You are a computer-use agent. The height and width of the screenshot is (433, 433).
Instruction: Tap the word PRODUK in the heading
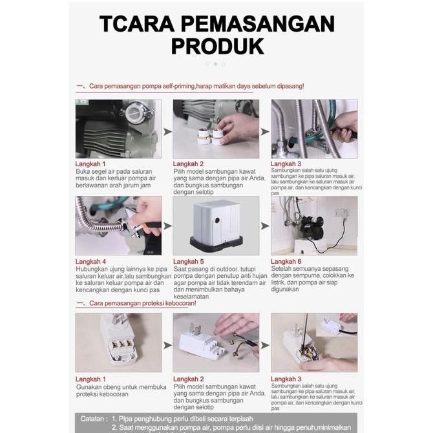(217, 47)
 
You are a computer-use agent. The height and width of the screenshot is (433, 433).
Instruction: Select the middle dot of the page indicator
(215, 64)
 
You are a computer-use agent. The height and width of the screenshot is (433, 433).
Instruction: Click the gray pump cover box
(216, 224)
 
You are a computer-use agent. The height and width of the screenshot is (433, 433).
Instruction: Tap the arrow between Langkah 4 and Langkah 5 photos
(167, 226)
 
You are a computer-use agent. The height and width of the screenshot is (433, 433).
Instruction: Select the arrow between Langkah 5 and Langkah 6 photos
(265, 226)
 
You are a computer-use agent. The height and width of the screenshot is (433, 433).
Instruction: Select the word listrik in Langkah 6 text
(282, 282)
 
